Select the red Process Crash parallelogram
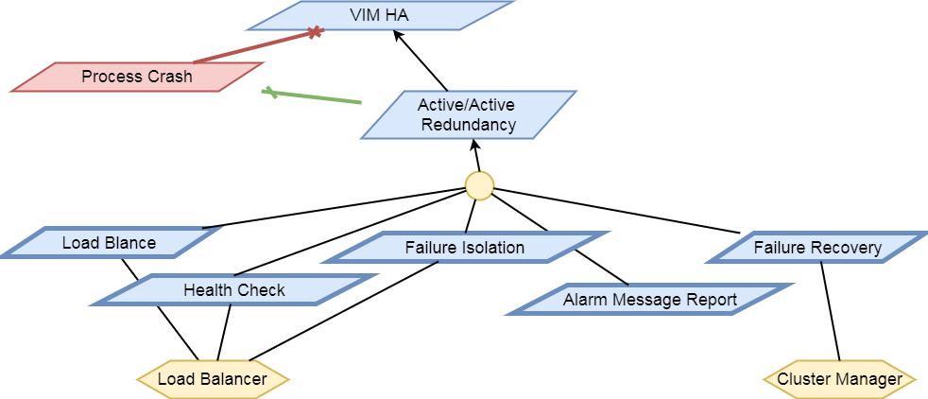[137, 78]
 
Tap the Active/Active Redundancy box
[467, 114]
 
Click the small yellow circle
[479, 185]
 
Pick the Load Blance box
[110, 243]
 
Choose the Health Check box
[234, 290]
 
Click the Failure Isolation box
[464, 248]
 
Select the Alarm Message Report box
[649, 300]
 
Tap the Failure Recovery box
[817, 248]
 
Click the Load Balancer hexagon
[213, 380]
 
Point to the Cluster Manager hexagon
[839, 380]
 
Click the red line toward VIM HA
[255, 47]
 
